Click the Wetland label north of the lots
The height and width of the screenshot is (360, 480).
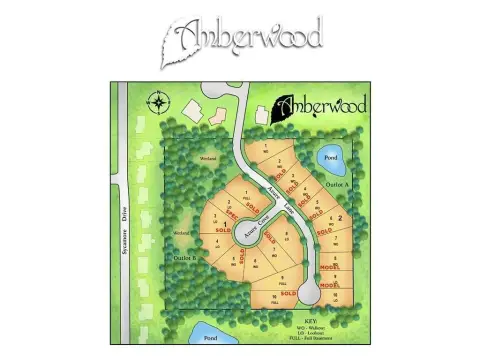tap(208, 159)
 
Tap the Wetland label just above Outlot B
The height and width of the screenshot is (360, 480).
tap(182, 233)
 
